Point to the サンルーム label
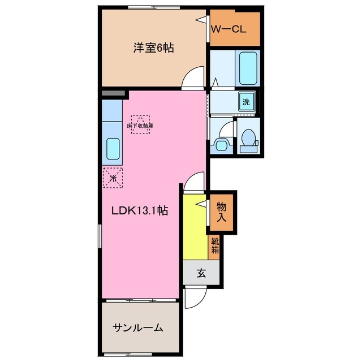(138, 327)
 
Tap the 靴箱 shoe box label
(215, 245)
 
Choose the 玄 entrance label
(201, 274)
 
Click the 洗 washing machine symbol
(246, 102)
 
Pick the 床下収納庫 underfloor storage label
(141, 125)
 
